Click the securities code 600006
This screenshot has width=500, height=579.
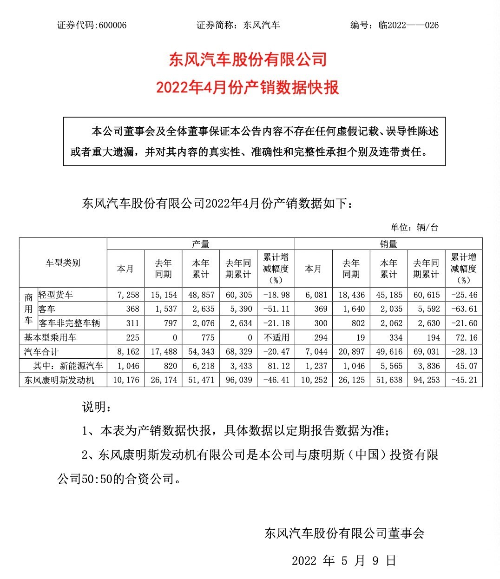[111, 25]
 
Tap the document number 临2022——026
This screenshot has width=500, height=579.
[408, 25]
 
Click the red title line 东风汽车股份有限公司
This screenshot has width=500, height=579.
[248, 59]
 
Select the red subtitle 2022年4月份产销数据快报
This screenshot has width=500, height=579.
[248, 87]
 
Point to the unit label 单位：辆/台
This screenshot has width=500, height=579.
[414, 227]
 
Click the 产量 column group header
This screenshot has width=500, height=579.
[201, 244]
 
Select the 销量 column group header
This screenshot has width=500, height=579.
[388, 244]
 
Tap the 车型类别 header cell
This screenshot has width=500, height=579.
[63, 263]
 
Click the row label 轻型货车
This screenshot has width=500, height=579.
[56, 295]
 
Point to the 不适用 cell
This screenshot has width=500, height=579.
[276, 337]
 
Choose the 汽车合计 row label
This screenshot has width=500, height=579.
[41, 352]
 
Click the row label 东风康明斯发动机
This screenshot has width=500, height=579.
[59, 380]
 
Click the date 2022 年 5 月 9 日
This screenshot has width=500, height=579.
[344, 560]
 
